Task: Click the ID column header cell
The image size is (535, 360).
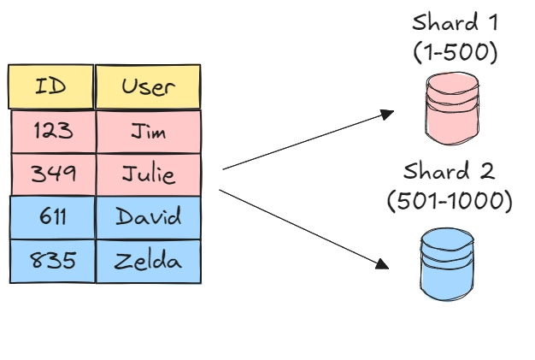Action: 50,86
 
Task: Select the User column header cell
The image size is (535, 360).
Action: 148,86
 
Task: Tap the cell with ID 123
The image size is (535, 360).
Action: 53,131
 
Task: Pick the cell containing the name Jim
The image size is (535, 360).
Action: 149,131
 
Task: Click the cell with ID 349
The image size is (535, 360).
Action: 53,174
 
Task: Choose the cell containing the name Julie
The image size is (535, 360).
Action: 149,174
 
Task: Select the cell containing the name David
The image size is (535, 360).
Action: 149,217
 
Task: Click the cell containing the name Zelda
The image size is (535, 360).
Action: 149,261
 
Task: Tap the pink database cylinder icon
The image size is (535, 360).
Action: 450,109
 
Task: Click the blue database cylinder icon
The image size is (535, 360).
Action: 447,263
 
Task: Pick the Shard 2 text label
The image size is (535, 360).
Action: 450,171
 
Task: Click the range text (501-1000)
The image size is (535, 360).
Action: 450,202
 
